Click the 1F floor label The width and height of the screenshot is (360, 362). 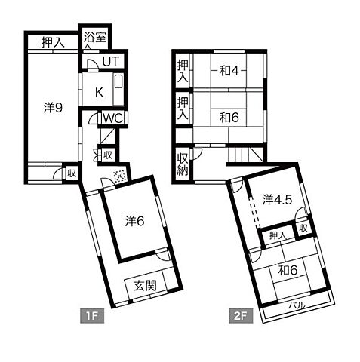pos(92,316)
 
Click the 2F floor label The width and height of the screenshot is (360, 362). pos(241,316)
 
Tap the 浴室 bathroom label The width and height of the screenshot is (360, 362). pos(95,38)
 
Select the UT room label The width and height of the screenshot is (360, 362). pos(111,62)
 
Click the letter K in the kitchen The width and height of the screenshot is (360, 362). pos(99,93)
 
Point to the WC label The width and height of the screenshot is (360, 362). pos(113,118)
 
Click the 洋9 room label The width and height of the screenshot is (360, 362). pos(53,108)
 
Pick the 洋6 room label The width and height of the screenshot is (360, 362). pos(134,221)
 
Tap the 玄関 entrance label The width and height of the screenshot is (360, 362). pos(145,286)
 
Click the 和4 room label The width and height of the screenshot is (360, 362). pos(229,71)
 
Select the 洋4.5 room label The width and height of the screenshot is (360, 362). pos(277,200)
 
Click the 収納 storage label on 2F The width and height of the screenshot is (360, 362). pos(183,164)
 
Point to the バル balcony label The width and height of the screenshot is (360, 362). pos(297,305)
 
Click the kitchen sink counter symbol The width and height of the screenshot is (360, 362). pos(118,90)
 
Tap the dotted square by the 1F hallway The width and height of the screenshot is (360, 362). pos(118,176)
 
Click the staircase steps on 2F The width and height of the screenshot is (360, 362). pos(246,155)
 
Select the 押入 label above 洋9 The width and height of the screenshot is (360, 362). pos(53,42)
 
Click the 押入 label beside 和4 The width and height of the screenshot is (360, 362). pos(183,71)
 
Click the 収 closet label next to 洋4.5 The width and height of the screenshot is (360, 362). pos(303,229)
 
